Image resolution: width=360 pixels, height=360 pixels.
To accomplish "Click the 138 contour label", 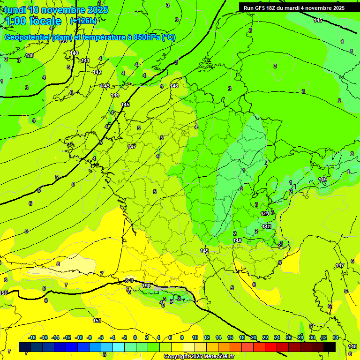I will click(30, 55).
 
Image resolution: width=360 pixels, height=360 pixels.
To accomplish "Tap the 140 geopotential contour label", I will click(74, 53).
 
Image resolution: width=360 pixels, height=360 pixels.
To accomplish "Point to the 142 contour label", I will click(97, 72).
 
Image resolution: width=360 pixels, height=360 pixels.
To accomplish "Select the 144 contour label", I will click(115, 95).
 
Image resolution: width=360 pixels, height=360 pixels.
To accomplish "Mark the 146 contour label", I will click(174, 86).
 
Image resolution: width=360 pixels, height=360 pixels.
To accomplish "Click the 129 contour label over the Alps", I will click(265, 214).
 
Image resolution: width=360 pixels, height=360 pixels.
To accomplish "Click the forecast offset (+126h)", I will click(83, 21).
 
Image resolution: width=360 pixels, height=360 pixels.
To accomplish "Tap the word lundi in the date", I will click(15, 10).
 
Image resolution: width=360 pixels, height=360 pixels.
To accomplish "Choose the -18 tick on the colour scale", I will click(32, 337).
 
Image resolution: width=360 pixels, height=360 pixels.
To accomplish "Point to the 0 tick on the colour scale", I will click(135, 337).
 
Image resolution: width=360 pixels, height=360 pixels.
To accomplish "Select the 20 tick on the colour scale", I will click(254, 337).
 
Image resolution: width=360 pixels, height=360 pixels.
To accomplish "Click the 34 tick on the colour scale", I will click(336, 337).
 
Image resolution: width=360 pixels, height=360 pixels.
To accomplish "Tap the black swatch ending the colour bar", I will click(330, 346).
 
